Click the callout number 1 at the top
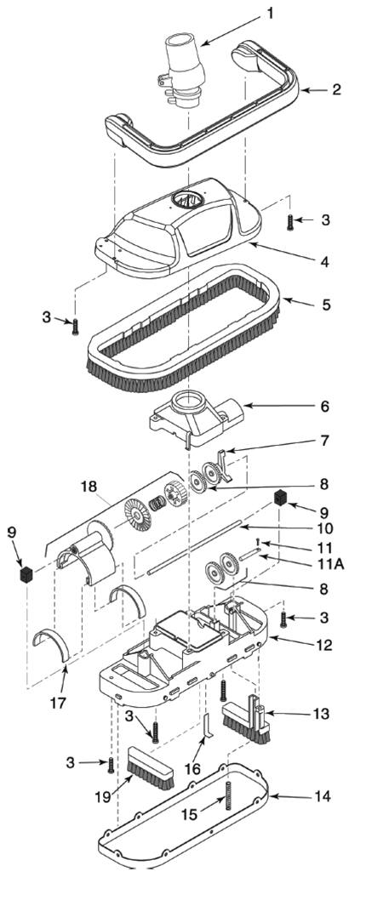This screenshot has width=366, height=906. coord(270,14)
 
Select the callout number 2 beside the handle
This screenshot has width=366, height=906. coord(336,89)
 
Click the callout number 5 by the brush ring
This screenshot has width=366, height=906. coord(326,304)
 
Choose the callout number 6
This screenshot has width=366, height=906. coord(325,406)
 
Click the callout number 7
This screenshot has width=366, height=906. coord(325,441)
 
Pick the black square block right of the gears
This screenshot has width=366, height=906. coord(282,498)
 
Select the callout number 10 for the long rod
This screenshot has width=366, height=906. coord(325,528)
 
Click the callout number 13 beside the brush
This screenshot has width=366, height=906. coord(320,714)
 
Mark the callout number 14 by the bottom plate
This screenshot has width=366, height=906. coord(322,796)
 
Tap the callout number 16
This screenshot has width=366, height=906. coord(192,769)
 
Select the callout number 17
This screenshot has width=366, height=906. coord(59,703)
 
